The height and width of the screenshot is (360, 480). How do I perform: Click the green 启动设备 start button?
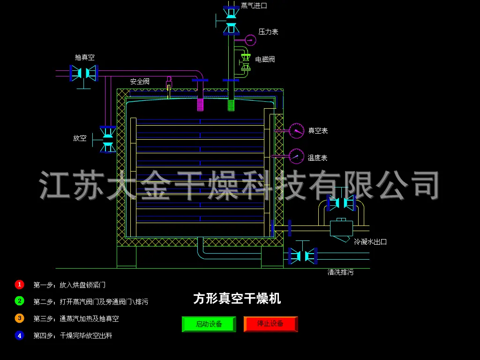(209, 324)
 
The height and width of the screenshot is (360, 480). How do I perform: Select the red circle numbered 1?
(19, 285)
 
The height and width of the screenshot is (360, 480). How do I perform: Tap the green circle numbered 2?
(19, 301)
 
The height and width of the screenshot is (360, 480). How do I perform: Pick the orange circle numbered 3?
(19, 318)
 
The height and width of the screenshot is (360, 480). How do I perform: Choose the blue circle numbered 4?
(19, 335)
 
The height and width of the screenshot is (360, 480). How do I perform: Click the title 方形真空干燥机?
(237, 299)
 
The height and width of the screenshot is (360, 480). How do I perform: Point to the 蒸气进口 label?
(254, 6)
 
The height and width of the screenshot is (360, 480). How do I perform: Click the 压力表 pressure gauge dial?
(251, 40)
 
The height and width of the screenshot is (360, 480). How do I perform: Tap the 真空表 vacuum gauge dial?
(296, 131)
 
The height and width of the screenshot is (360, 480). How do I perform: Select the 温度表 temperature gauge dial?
(296, 156)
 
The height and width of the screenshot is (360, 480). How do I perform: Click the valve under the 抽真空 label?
(83, 73)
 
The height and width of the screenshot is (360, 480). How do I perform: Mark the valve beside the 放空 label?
(108, 139)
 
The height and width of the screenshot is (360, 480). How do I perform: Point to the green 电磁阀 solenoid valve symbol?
(245, 63)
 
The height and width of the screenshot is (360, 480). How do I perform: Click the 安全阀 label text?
(140, 82)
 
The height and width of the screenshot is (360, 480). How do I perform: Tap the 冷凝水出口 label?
(370, 242)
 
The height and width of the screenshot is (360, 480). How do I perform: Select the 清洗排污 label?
(340, 272)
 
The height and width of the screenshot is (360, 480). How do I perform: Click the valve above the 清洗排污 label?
(303, 255)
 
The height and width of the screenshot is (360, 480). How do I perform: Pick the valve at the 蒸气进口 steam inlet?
(231, 20)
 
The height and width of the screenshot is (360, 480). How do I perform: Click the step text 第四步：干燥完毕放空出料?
(73, 336)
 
